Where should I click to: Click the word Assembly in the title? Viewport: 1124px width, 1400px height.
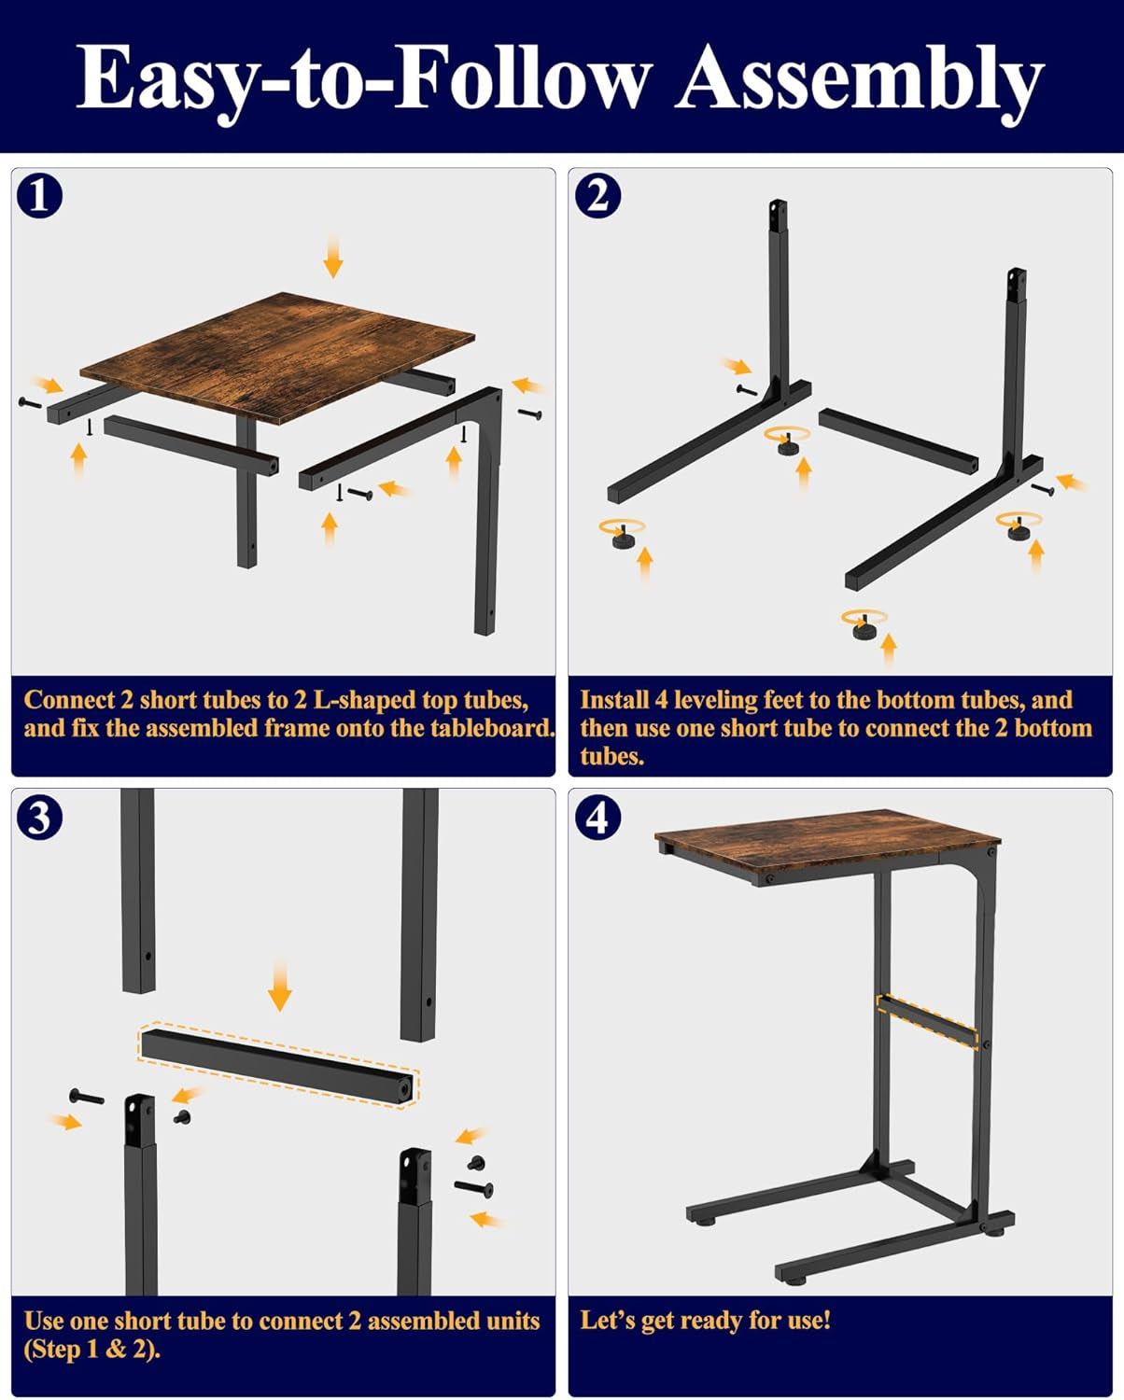859,79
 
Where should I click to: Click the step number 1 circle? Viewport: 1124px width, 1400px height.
40,197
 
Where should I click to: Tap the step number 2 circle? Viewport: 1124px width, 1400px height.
597,197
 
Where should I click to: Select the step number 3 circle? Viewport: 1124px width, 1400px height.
40,818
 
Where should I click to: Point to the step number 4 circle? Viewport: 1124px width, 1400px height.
597,818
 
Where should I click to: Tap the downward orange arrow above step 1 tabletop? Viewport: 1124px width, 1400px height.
332,257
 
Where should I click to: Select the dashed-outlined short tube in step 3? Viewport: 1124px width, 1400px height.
278,1065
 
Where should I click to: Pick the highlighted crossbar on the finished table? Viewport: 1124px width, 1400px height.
927,1021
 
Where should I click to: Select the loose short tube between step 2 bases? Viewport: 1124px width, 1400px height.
898,438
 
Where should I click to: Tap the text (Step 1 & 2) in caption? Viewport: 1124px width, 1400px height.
91,1350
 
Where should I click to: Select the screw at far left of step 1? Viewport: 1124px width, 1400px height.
29,402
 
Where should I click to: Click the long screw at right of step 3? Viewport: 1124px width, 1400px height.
474,1187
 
